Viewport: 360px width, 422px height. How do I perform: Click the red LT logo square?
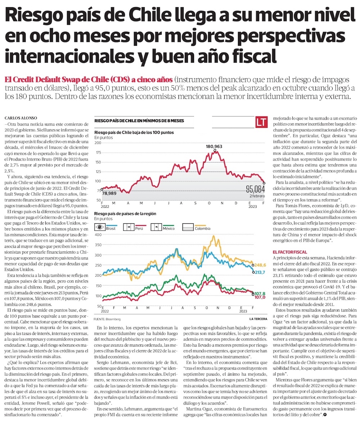[262, 122]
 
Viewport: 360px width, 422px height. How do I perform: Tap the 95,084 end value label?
[255, 189]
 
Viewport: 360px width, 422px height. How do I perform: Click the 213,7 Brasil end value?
[260, 272]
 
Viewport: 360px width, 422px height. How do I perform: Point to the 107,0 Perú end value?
[260, 298]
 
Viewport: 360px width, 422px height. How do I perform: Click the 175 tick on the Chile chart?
[98, 153]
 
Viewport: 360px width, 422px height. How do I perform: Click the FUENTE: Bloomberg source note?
[107, 319]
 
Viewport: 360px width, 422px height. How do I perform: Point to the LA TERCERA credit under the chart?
[257, 319]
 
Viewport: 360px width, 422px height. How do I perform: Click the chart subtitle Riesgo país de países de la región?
[125, 213]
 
